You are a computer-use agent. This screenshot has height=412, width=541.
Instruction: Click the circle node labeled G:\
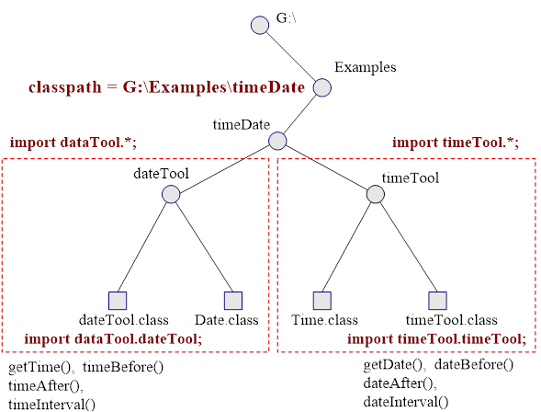click(x=260, y=25)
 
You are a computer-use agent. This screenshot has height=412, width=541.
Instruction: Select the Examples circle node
click(x=321, y=87)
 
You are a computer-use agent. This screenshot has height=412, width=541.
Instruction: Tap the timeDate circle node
click(x=277, y=141)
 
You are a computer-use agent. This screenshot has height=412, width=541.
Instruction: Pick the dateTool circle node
click(x=171, y=194)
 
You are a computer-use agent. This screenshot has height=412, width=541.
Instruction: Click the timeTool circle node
click(x=375, y=194)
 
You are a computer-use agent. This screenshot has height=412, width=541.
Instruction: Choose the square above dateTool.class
click(x=118, y=301)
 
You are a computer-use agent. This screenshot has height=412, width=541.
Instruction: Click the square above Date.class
click(x=233, y=301)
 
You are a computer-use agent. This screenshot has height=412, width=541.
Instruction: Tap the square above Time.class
click(x=321, y=301)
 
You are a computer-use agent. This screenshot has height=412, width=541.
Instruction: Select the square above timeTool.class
click(x=437, y=301)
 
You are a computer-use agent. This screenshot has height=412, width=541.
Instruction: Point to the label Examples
click(x=365, y=67)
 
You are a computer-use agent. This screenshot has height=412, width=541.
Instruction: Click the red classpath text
click(x=166, y=87)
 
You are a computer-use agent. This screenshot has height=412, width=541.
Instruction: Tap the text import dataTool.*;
click(x=73, y=143)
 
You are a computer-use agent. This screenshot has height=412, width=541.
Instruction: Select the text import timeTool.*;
click(x=456, y=143)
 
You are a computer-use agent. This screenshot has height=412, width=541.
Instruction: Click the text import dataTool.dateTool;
click(x=113, y=338)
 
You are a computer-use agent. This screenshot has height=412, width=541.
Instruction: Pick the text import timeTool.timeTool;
click(x=437, y=338)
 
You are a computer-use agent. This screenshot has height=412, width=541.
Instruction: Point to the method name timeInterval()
click(x=51, y=404)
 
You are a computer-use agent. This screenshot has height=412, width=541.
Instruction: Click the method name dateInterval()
click(x=406, y=402)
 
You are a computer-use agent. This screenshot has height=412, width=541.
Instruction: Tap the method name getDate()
click(x=393, y=365)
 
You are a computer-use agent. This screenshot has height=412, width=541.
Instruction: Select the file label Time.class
click(x=324, y=320)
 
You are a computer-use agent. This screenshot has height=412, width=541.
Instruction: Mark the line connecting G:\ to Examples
click(x=291, y=56)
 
